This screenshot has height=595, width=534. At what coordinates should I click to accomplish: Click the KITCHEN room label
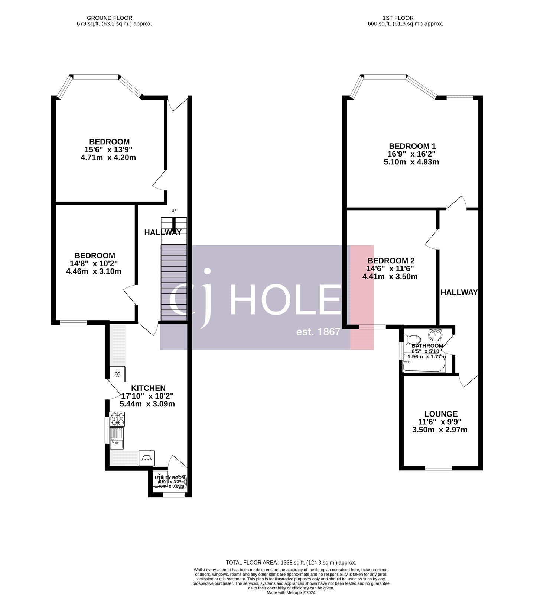148,388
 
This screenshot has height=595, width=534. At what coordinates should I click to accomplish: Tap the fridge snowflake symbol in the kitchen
117,374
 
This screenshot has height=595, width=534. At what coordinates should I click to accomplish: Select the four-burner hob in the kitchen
117,419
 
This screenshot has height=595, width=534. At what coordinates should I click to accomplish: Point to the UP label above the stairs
174,211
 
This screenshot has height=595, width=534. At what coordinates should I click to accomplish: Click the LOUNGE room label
441,414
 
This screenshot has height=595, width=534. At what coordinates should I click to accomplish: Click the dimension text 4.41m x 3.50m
390,277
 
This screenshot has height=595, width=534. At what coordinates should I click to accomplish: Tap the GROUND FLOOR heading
110,18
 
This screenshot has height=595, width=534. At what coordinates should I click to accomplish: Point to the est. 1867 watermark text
318,332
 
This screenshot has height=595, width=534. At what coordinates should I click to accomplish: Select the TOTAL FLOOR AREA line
291,563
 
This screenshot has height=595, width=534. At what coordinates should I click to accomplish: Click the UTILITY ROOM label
170,478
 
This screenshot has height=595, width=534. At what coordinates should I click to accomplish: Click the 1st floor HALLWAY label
459,292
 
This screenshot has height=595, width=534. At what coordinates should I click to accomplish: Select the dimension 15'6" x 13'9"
108,150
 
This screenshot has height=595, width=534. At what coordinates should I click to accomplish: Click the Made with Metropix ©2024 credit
291,592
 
